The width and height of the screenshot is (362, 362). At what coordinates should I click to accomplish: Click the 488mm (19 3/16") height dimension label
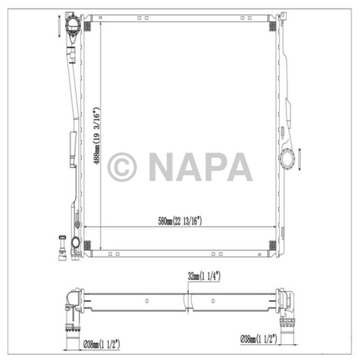[x=96, y=135]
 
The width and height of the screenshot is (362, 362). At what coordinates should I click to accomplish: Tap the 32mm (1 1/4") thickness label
[x=204, y=276]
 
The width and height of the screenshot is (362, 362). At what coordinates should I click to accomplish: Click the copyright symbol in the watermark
[x=122, y=167]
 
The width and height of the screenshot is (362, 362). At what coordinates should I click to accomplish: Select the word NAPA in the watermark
[x=200, y=167]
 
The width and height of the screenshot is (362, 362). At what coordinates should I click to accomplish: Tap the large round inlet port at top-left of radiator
[x=73, y=24]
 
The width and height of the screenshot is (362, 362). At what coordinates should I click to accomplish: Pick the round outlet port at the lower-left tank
[x=76, y=242]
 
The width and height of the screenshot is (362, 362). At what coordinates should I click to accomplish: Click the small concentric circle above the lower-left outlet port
[x=78, y=224]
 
